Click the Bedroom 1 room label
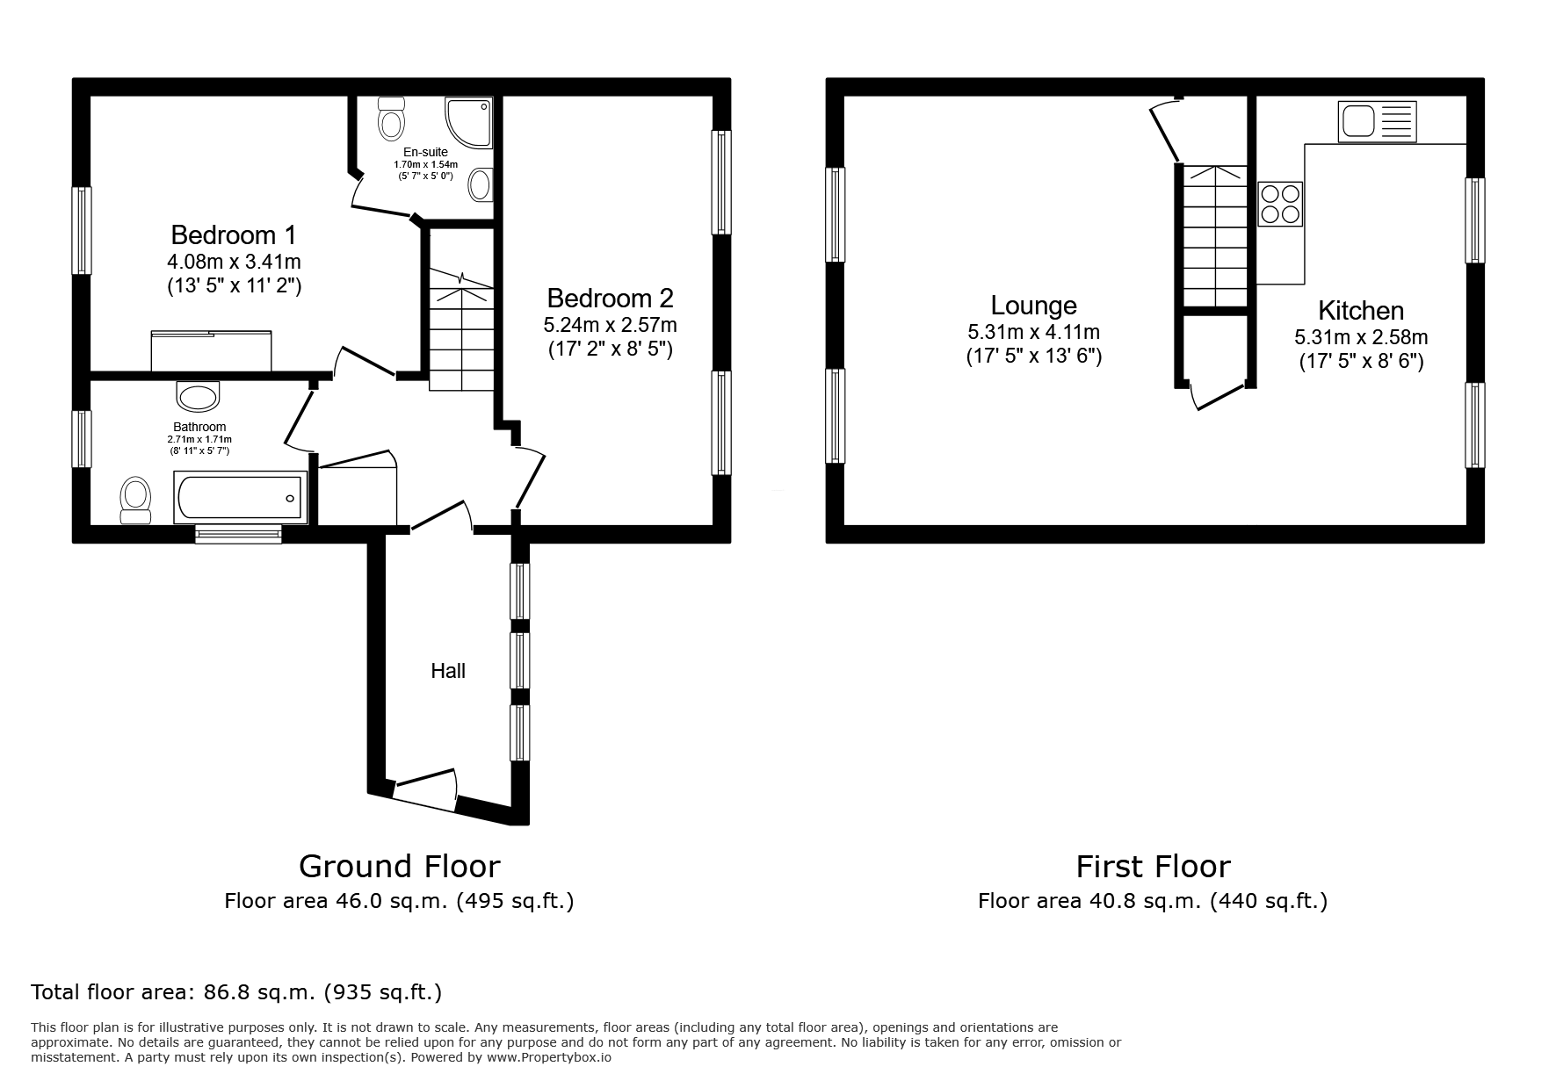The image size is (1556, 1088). pos(233,235)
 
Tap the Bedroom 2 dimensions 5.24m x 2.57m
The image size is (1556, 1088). pos(610,325)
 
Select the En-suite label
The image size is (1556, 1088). pos(425,153)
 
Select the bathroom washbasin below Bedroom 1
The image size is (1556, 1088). pos(199,396)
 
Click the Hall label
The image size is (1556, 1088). pos(448,671)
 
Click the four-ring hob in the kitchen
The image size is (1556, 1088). pos(1280,204)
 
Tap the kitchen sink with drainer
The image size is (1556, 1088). pos(1377,121)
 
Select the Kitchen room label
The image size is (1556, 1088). pos(1360,311)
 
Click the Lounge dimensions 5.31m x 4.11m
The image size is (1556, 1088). pos(1033,333)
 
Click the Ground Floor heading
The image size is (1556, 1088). pos(399,867)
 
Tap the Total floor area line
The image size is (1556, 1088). pos(235,993)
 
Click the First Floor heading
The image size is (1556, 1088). pos(1153,867)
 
